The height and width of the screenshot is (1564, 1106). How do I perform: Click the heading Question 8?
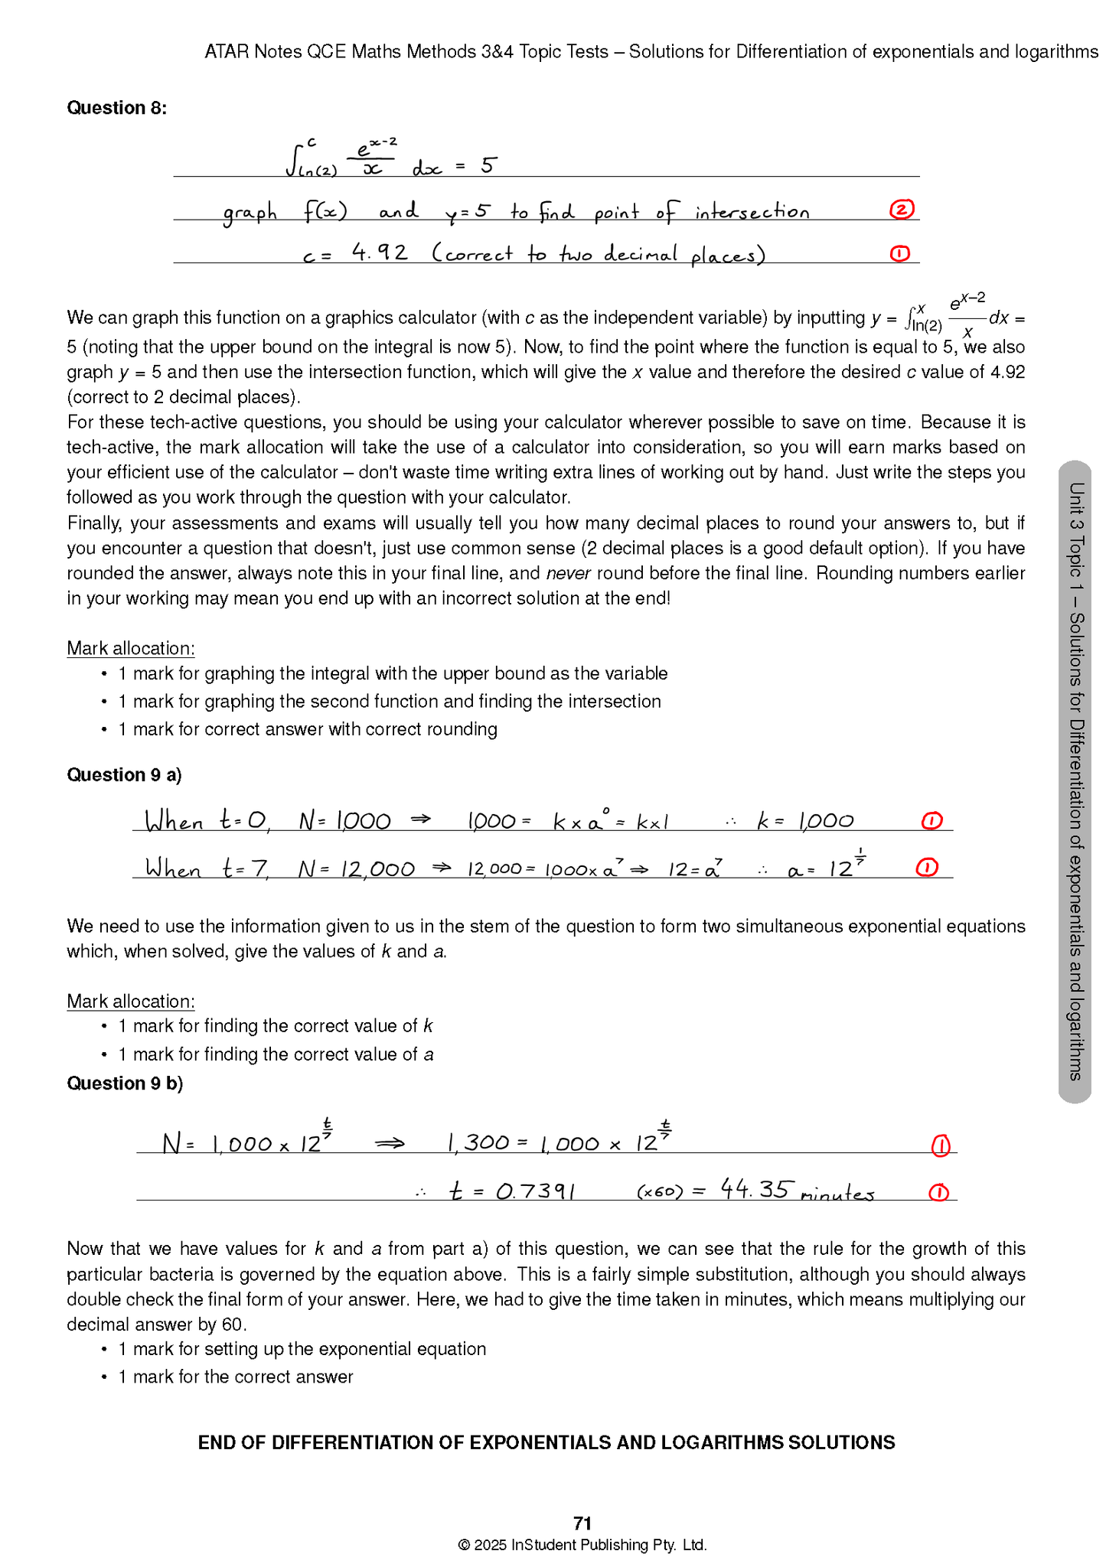click(x=116, y=108)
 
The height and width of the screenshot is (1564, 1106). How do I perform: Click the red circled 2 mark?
click(x=902, y=210)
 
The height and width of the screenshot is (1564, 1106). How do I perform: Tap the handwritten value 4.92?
click(x=380, y=252)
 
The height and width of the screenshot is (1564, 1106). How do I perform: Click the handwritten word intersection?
click(x=752, y=212)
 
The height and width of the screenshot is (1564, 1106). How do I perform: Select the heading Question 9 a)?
click(x=124, y=775)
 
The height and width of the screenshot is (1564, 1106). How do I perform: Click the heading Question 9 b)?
click(x=125, y=1083)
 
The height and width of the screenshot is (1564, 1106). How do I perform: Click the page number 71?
click(x=582, y=1523)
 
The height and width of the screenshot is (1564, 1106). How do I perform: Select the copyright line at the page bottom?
click(x=582, y=1545)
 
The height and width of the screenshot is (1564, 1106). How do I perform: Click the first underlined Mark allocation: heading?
click(x=130, y=649)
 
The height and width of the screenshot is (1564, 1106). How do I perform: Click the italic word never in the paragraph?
click(x=568, y=574)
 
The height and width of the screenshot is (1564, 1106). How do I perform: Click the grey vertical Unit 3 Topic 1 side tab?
click(x=1075, y=780)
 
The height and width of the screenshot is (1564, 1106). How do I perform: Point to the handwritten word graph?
click(x=250, y=213)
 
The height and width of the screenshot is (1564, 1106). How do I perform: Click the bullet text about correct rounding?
click(x=307, y=729)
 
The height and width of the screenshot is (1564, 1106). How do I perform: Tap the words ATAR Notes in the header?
click(x=253, y=52)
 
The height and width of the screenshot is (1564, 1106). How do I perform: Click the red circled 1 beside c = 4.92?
click(x=900, y=253)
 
